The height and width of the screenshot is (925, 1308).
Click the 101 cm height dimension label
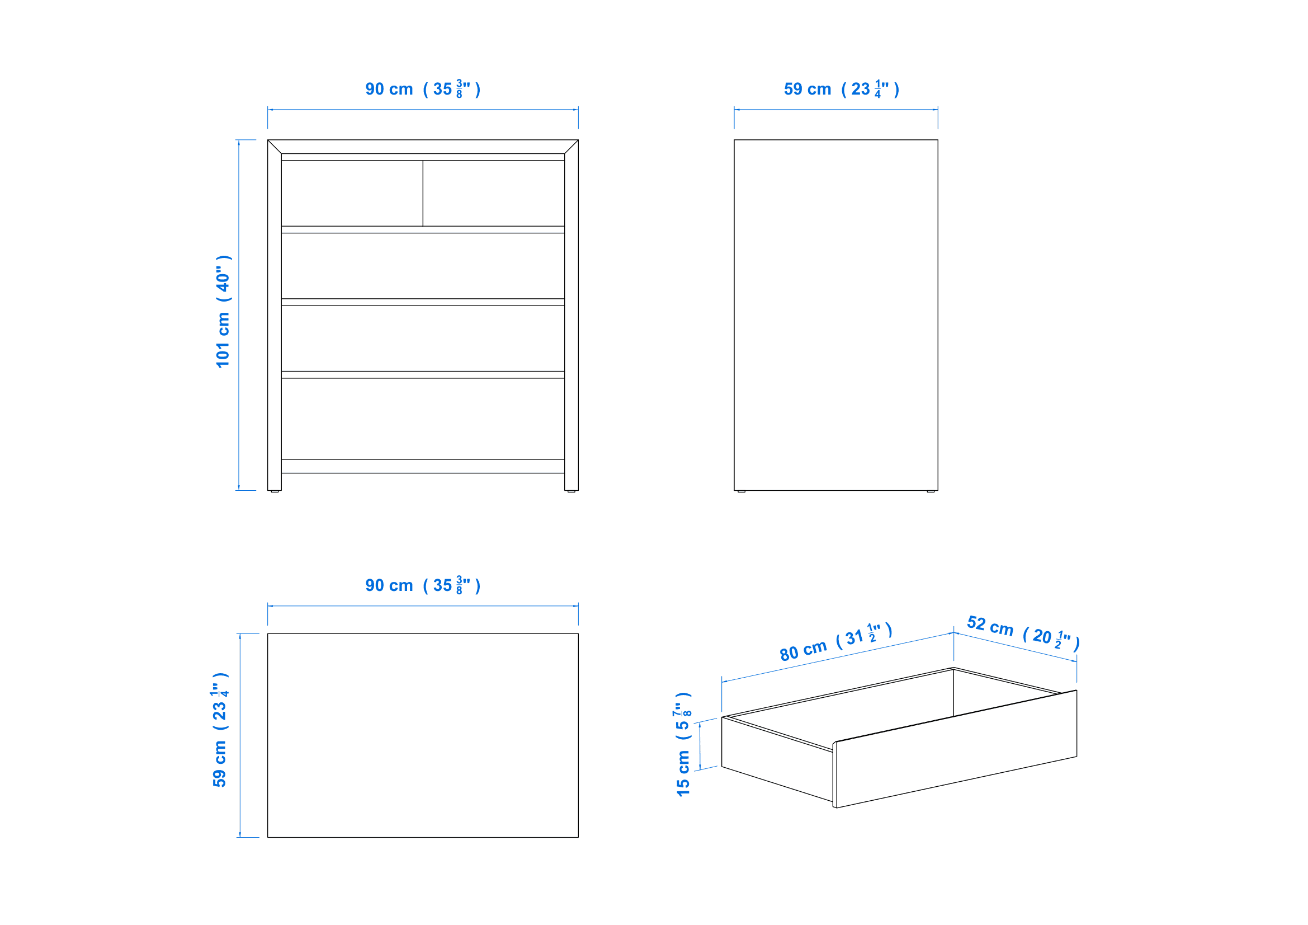(x=223, y=311)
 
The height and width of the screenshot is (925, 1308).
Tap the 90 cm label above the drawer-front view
(x=423, y=89)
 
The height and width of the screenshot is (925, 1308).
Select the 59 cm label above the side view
(x=842, y=89)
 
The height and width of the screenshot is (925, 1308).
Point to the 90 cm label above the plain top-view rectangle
(x=423, y=585)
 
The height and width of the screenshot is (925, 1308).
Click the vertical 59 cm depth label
(x=220, y=730)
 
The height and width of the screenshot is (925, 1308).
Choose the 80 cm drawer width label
(x=835, y=642)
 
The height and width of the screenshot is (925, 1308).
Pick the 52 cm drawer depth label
(x=1023, y=633)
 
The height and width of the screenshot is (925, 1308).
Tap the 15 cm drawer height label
(x=682, y=744)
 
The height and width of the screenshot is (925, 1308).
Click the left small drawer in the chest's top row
(x=352, y=193)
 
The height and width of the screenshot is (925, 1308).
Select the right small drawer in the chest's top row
(x=494, y=193)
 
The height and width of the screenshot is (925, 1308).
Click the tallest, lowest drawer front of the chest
(x=423, y=419)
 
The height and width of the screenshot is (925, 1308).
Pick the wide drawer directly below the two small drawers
(x=423, y=266)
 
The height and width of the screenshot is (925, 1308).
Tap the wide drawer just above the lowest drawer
(x=423, y=339)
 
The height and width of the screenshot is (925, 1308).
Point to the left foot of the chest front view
(x=275, y=491)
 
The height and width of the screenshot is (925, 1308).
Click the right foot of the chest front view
(x=572, y=491)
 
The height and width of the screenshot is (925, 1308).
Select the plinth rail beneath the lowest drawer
(x=423, y=466)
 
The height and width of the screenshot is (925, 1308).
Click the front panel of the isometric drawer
(x=955, y=749)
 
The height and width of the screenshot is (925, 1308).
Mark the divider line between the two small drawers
(x=423, y=193)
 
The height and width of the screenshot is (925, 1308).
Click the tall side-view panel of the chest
(x=835, y=315)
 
